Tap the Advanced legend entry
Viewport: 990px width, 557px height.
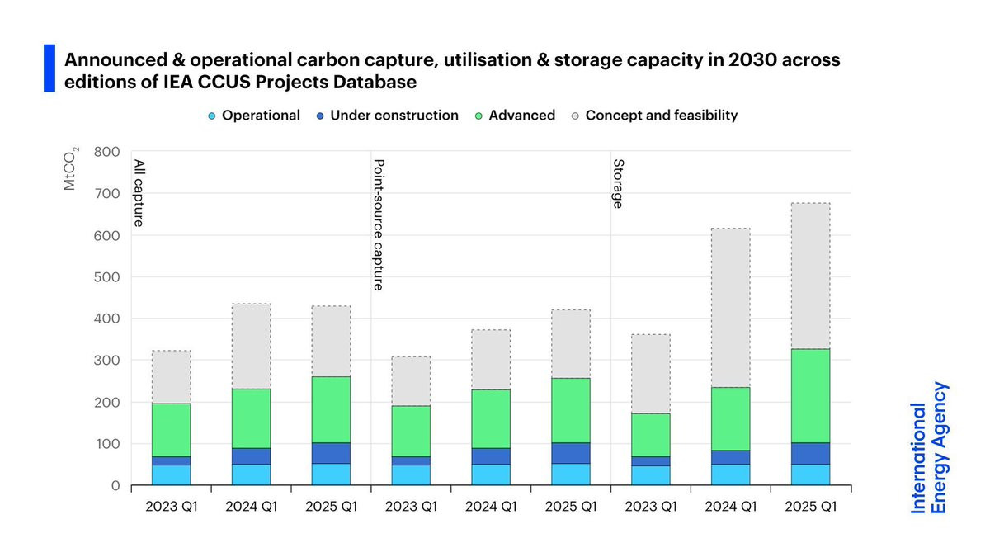coord(515,116)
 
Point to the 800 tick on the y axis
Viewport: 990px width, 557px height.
coord(109,152)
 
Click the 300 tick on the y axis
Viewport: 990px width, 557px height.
coord(109,361)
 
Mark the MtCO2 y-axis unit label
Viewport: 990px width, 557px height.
coord(72,168)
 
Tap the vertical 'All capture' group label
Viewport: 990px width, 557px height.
coord(139,193)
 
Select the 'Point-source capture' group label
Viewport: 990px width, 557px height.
coord(379,224)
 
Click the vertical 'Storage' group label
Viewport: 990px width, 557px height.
coord(617,183)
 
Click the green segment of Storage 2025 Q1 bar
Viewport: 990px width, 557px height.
coord(810,395)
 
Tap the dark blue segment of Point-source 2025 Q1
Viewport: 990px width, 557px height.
coord(571,453)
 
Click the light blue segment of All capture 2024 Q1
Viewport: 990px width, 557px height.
coord(251,474)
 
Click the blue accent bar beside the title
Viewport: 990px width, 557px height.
coord(49,68)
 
